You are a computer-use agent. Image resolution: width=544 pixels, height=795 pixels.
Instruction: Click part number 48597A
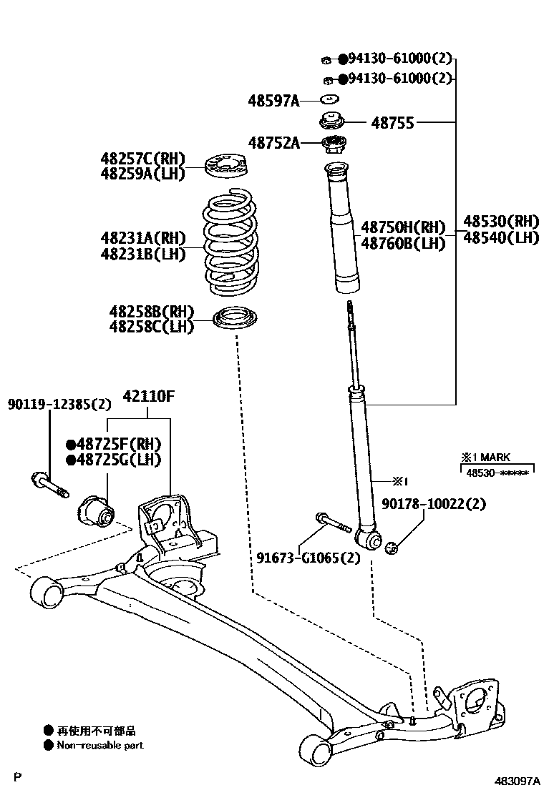(273, 102)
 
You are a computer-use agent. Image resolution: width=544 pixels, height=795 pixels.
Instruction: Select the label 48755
(392, 123)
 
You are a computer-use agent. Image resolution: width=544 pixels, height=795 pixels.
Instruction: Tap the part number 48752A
(273, 143)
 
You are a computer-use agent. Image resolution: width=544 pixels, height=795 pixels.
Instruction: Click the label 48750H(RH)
(402, 227)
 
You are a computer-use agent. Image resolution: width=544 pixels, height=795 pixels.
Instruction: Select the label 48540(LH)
(500, 237)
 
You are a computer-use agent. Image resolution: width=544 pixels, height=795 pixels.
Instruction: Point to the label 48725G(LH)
(113, 460)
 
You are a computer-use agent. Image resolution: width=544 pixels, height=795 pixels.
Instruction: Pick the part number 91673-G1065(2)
(309, 558)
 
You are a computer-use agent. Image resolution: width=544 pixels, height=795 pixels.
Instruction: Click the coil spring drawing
(233, 242)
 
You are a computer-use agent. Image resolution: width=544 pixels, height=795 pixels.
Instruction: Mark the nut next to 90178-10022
(392, 548)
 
